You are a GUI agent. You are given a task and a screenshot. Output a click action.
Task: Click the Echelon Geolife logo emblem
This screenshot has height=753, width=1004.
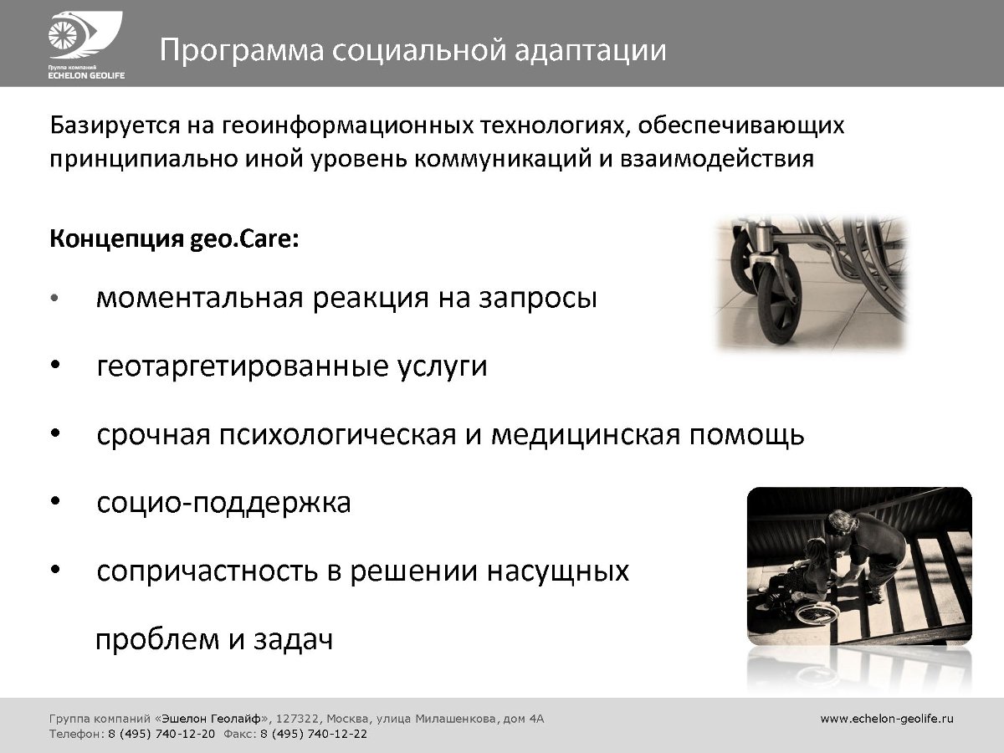pos(85,36)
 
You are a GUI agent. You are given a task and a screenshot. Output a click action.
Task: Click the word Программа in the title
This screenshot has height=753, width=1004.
pos(242,51)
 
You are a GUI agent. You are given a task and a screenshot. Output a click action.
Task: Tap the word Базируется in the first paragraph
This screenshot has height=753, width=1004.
pos(115,126)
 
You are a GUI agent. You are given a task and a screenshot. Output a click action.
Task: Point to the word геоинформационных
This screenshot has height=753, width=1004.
pos(348,126)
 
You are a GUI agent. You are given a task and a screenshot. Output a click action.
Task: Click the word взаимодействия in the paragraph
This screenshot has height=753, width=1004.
pos(717,160)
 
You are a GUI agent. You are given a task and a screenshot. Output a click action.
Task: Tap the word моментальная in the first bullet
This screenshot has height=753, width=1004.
pos(199,298)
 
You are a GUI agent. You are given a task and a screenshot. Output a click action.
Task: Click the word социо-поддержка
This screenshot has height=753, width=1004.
pos(223,503)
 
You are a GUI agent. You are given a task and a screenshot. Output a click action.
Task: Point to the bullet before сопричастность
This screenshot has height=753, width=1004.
pos(55,570)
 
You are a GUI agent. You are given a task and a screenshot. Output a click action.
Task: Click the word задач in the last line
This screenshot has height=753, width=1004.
pos(293,639)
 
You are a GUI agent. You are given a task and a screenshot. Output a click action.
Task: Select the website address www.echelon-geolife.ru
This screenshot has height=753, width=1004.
pos(887,719)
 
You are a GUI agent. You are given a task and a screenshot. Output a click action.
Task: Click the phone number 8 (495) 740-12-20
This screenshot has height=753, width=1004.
pos(161,735)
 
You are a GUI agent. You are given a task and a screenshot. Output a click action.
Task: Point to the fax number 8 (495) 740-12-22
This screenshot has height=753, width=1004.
pos(314,735)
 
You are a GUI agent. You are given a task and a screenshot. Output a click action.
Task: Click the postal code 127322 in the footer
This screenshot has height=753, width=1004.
pos(295,720)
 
